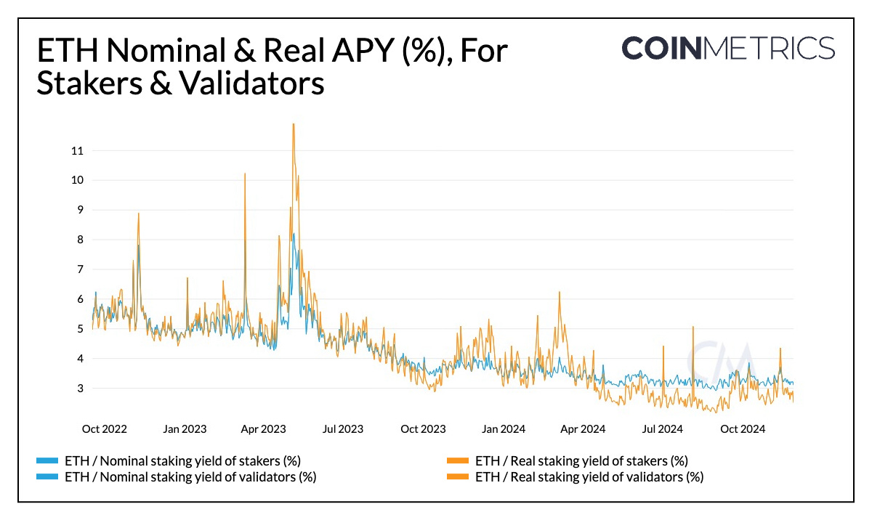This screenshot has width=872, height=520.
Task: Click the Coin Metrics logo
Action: click(728, 48)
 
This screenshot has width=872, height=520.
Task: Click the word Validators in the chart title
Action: click(244, 84)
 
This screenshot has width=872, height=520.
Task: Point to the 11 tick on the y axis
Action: click(76, 151)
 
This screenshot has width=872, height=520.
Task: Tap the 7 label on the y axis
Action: click(79, 269)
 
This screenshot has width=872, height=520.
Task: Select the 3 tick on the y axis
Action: click(79, 389)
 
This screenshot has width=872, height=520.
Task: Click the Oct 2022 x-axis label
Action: click(104, 429)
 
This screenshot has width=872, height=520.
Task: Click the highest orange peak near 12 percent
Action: click(294, 125)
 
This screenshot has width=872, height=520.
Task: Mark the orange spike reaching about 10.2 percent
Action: click(245, 174)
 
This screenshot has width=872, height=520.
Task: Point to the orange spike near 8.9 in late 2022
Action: click(138, 214)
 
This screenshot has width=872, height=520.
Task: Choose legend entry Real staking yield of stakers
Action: click(581, 460)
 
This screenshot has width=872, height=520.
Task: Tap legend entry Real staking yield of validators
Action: click(589, 477)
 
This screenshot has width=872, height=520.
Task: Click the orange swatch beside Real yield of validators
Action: click(457, 477)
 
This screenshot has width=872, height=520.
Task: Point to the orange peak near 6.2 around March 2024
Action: click(559, 293)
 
